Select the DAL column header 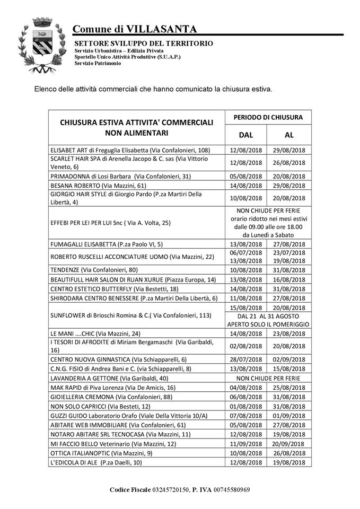pos(246,134)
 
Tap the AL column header pos(289,134)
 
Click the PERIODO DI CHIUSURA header pos(268,117)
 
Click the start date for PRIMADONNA pos(246,176)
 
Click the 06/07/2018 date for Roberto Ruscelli pos(246,252)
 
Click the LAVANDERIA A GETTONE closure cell pos(268,378)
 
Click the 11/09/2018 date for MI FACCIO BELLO pos(246,443)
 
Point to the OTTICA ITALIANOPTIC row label pos(101,453)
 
